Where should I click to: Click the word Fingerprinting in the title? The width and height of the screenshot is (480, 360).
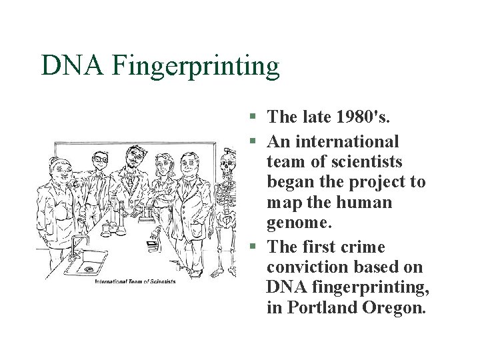click(197, 66)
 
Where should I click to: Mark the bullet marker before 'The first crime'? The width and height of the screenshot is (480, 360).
click(253, 247)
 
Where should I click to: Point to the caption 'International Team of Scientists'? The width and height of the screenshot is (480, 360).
click(135, 281)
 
